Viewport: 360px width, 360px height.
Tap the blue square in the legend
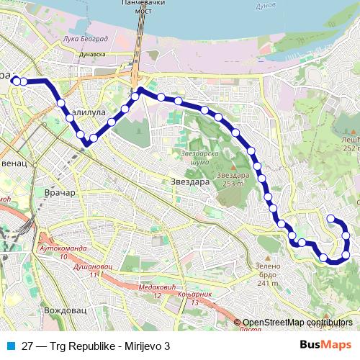click(x=12, y=344)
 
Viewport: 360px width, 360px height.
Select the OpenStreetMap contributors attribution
click(x=297, y=323)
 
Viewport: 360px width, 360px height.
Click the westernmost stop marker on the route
click(x=16, y=81)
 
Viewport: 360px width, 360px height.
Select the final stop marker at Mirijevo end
click(x=330, y=218)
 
